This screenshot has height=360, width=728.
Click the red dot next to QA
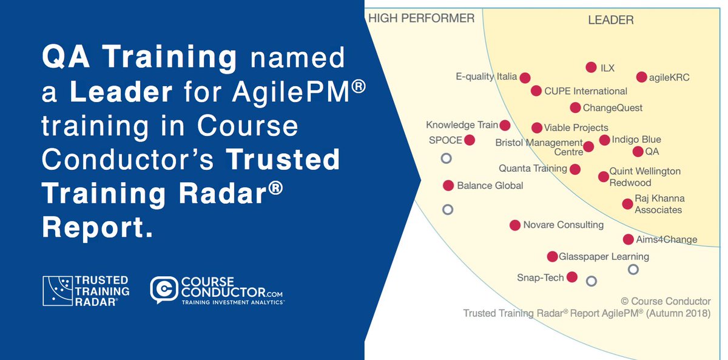[638, 151]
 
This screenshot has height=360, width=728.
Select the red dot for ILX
[591, 67]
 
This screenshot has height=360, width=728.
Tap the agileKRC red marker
[641, 77]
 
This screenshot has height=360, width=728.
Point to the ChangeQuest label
[612, 108]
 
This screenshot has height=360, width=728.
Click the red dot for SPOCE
[469, 140]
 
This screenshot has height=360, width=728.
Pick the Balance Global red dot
[448, 185]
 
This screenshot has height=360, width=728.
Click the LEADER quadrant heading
[610, 20]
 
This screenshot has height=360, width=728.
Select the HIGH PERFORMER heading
[421, 18]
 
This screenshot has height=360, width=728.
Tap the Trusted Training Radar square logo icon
[56, 290]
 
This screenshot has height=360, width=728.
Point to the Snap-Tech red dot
[571, 277]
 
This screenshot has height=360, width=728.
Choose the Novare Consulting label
[563, 225]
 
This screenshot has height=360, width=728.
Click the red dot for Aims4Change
[628, 239]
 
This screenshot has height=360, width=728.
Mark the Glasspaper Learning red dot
[552, 257]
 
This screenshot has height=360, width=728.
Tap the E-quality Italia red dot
[525, 78]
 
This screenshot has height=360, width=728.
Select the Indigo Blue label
[636, 140]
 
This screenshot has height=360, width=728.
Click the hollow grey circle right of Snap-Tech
[591, 280]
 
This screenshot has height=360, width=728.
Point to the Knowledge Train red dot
[505, 125]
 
